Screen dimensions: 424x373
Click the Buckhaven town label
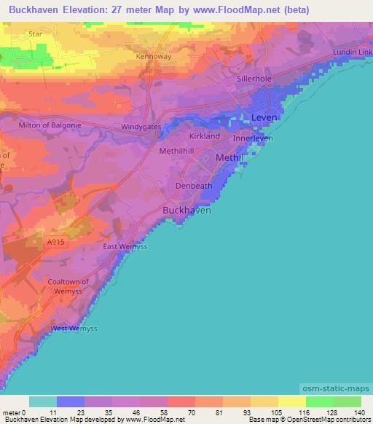click(186, 210)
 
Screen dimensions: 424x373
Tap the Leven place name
click(264, 117)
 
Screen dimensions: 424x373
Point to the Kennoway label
click(153, 55)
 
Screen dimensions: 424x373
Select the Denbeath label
click(195, 186)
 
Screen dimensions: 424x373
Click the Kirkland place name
click(204, 136)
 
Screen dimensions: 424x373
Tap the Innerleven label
click(253, 138)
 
